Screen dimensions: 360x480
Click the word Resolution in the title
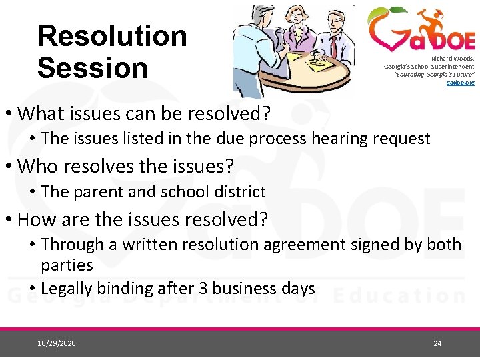(x=112, y=36)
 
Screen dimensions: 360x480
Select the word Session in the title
(x=92, y=68)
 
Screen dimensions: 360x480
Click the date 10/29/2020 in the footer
(x=57, y=343)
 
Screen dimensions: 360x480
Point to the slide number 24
(x=437, y=343)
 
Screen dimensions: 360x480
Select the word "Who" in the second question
(x=36, y=166)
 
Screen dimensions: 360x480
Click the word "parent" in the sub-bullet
(x=97, y=192)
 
